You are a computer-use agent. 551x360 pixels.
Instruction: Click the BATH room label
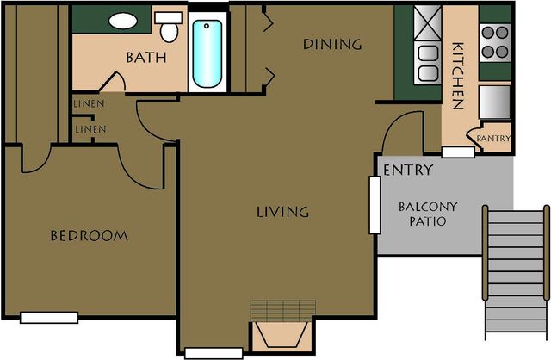tap(145, 58)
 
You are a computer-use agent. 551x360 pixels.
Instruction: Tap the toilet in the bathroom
tap(169, 27)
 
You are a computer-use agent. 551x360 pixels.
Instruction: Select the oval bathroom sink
tap(123, 21)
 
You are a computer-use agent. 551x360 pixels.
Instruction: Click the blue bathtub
tap(207, 53)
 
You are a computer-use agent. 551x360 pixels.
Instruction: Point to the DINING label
tap(332, 44)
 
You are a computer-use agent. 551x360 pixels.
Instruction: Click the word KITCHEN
tap(457, 76)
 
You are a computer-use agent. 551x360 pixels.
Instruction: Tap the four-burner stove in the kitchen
tap(495, 42)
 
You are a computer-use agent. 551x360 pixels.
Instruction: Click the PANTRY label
tap(493, 139)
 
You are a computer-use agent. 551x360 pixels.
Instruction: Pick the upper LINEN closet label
tap(89, 103)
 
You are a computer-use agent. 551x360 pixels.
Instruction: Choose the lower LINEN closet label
tap(90, 129)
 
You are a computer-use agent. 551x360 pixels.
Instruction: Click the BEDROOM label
tap(90, 235)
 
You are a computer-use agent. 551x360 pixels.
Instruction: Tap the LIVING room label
tap(283, 212)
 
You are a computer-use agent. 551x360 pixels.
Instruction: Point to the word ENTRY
tap(408, 171)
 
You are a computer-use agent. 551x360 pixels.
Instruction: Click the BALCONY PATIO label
tap(428, 214)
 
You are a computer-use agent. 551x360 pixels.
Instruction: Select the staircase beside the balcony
tap(516, 271)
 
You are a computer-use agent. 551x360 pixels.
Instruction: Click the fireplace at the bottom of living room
tap(283, 326)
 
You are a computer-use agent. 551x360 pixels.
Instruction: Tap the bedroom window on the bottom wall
tap(49, 318)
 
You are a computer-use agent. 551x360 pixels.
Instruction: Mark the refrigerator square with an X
tap(428, 23)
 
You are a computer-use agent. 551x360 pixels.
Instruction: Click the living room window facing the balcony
tap(375, 205)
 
